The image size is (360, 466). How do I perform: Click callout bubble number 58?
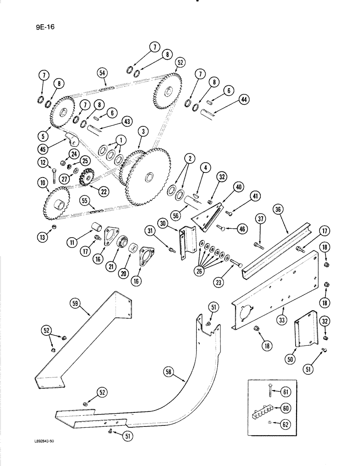click(x=170, y=371)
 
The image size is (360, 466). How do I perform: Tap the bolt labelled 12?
click(x=55, y=176)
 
